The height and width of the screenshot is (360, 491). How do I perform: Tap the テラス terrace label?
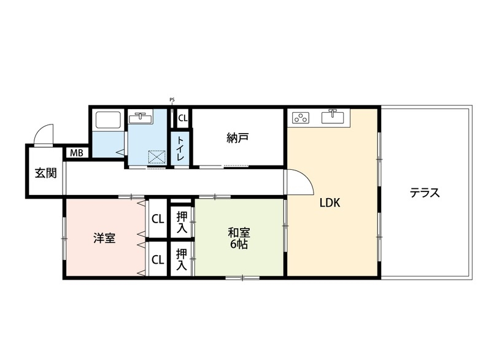tap(425, 193)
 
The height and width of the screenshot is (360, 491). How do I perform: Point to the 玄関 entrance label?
tap(45, 173)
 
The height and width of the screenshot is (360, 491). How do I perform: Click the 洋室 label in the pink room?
tap(104, 238)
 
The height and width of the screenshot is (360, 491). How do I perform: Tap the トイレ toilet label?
tap(181, 148)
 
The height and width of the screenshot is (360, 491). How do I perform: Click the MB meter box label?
tap(77, 153)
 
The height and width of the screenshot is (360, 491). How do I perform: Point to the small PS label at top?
tap(172, 101)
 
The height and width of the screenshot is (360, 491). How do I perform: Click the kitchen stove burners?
tap(301, 117)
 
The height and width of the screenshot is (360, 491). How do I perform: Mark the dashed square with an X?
tap(156, 157)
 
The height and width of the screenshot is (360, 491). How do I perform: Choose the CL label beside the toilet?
tap(183, 118)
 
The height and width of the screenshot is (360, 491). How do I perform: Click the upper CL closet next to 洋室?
tap(158, 218)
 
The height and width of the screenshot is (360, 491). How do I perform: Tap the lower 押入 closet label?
tap(182, 259)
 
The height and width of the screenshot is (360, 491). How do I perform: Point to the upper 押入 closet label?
tap(182, 221)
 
